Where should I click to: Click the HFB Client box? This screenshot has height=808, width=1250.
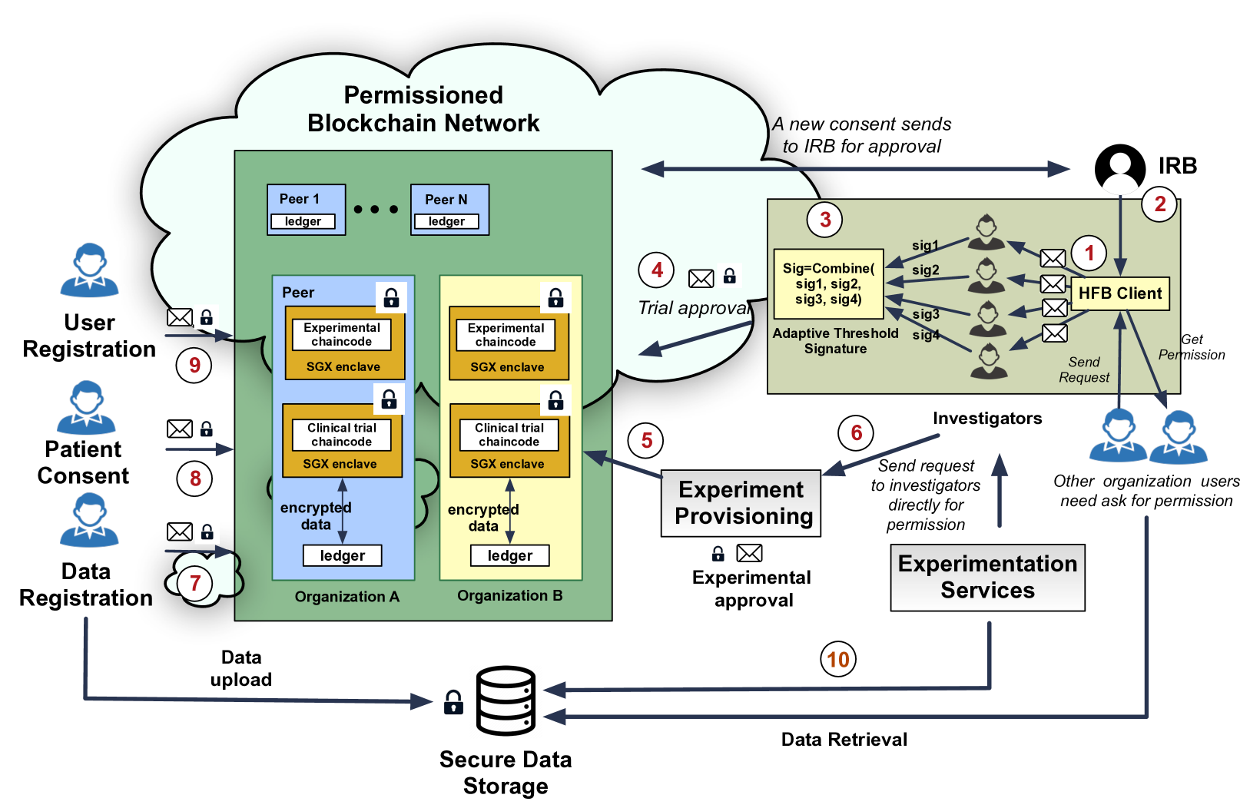pyautogui.click(x=1119, y=293)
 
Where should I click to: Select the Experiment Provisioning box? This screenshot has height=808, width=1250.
pyautogui.click(x=741, y=503)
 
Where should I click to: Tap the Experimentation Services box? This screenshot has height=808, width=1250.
pyautogui.click(x=987, y=578)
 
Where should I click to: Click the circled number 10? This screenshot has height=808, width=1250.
pyautogui.click(x=838, y=659)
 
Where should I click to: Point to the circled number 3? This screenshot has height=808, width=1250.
pyautogui.click(x=825, y=220)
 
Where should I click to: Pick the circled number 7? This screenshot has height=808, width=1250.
pyautogui.click(x=194, y=583)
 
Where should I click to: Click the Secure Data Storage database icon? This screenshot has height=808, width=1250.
pyautogui.click(x=505, y=700)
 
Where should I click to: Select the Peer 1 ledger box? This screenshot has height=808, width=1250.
pyautogui.click(x=303, y=221)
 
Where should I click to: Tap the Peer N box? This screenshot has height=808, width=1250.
pyautogui.click(x=449, y=209)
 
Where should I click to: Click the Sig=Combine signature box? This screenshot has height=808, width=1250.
pyautogui.click(x=828, y=283)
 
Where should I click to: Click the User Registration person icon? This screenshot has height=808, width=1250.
pyautogui.click(x=90, y=270)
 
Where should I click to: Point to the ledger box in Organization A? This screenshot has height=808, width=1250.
pyautogui.click(x=342, y=555)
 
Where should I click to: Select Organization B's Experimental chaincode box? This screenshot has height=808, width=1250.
pyautogui.click(x=506, y=335)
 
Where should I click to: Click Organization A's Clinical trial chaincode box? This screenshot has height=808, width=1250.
pyautogui.click(x=342, y=435)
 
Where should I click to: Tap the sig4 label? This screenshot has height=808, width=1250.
pyautogui.click(x=926, y=335)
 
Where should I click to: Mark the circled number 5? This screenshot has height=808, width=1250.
pyautogui.click(x=646, y=440)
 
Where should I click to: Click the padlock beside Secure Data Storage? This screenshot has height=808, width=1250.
pyautogui.click(x=453, y=702)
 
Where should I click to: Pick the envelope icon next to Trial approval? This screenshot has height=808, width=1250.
pyautogui.click(x=701, y=279)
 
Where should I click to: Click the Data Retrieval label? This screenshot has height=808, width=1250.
pyautogui.click(x=844, y=740)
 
